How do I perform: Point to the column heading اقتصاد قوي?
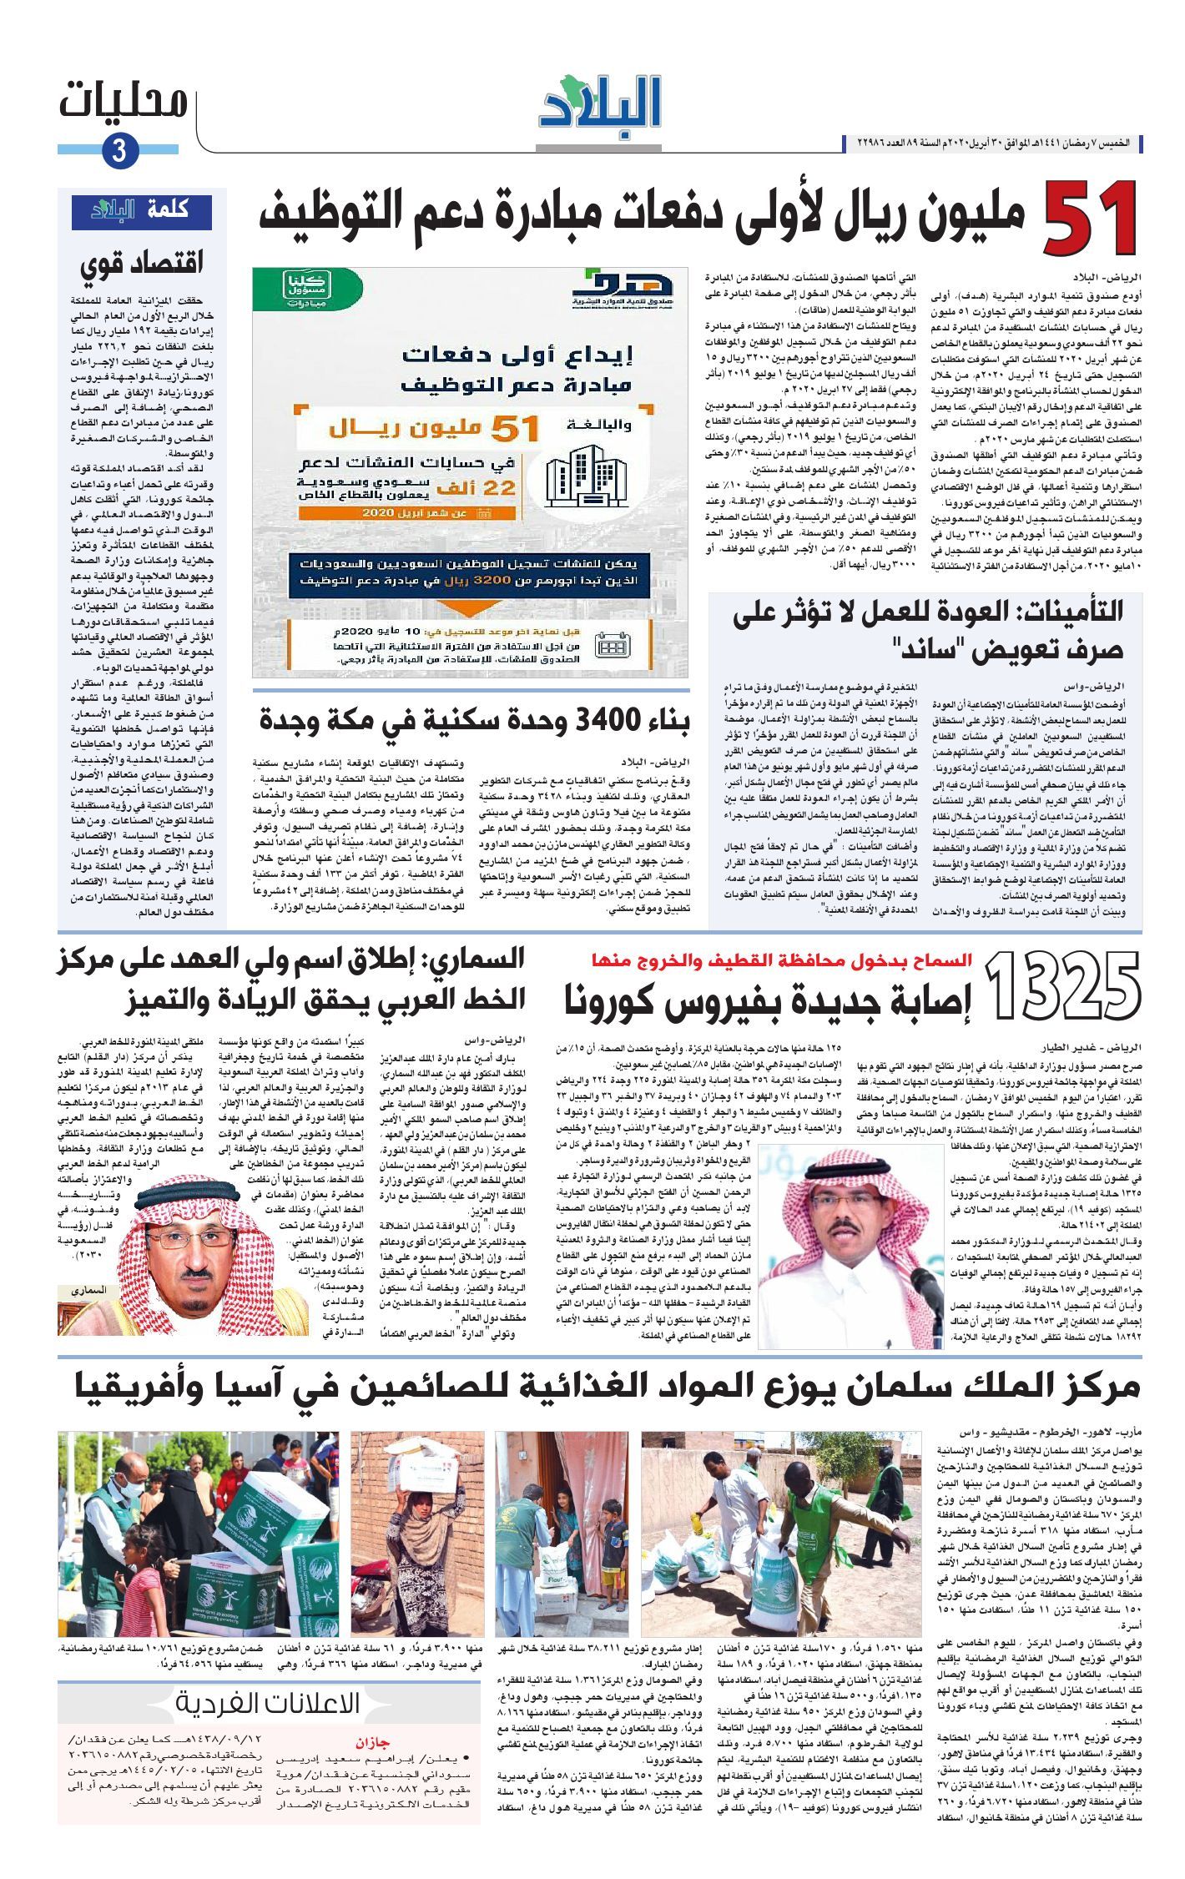pos(142,264)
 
